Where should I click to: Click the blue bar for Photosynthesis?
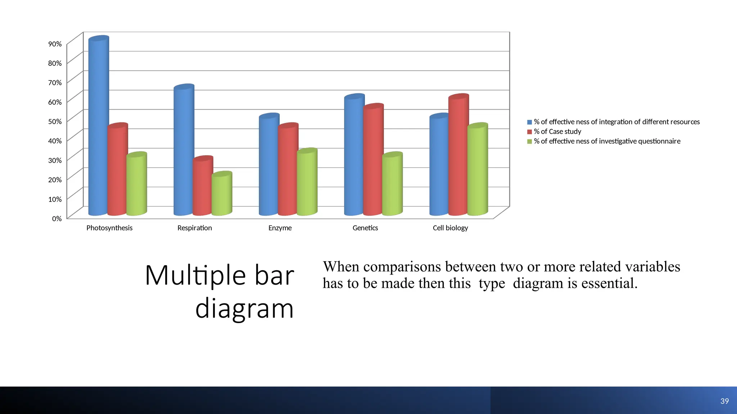coord(98,126)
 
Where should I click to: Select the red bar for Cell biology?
coord(458,155)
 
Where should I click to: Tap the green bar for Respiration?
coord(221,194)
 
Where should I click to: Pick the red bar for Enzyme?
coord(288,169)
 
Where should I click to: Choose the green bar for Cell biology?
coord(477,169)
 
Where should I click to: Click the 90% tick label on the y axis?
coord(55,44)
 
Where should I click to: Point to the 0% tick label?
coord(57,218)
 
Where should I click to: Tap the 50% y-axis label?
coord(55,121)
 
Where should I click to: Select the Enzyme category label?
coord(280,228)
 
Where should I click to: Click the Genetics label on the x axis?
coord(365,228)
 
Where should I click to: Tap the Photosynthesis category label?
coord(109,228)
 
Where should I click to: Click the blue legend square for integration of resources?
coord(529,122)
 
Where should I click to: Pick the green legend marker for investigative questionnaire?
coord(529,142)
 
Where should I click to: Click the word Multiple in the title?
coord(195,276)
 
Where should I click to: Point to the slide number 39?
coord(724,401)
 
